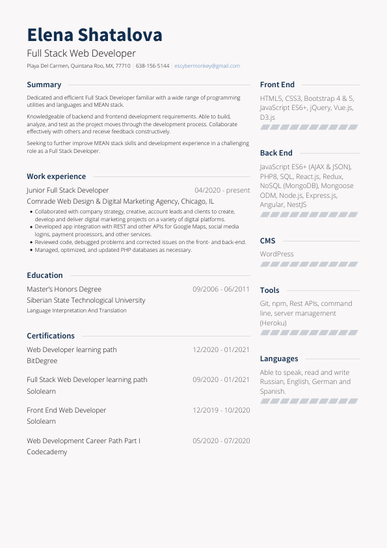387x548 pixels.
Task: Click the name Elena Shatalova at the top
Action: [x=94, y=34]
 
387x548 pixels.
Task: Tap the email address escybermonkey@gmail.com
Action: [x=207, y=66]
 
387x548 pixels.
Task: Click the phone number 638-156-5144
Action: [x=152, y=66]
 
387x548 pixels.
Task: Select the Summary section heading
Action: [x=44, y=85]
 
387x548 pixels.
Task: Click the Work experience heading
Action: [x=56, y=176]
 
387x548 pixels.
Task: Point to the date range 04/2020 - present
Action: [x=222, y=191]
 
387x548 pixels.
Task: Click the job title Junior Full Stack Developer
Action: [x=68, y=191]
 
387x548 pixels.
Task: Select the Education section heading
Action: [x=45, y=275]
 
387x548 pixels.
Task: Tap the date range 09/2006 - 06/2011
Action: [x=221, y=289]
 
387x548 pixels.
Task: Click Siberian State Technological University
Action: [x=86, y=301]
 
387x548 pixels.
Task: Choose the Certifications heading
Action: [x=51, y=336]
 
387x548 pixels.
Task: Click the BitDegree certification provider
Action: [x=42, y=361]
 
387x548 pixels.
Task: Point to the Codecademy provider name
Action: [x=47, y=452]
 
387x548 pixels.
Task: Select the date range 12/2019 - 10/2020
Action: [x=221, y=411]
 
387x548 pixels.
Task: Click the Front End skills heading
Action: [x=277, y=85]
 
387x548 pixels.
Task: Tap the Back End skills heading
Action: [x=276, y=153]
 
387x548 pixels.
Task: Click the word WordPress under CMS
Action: [x=276, y=254]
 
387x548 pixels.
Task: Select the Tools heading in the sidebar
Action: [x=269, y=290]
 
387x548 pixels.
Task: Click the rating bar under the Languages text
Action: [x=308, y=402]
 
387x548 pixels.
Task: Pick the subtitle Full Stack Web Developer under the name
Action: [x=81, y=53]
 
